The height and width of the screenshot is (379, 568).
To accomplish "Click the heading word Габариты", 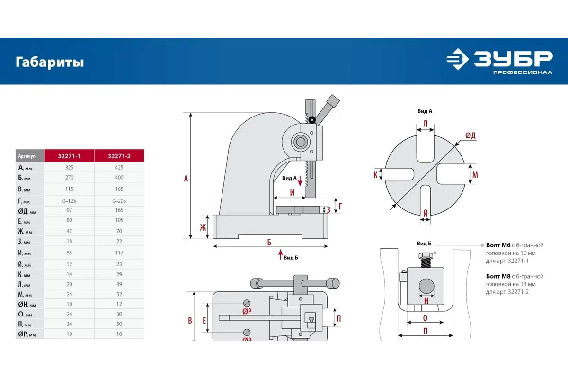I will [50, 62].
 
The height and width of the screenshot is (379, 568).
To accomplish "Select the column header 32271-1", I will [69, 156].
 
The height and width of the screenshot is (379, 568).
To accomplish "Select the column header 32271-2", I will [119, 156].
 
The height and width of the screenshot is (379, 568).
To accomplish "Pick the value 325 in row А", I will [69, 167].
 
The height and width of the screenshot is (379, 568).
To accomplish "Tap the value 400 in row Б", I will [119, 178].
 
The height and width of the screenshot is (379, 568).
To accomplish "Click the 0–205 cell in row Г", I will [119, 201].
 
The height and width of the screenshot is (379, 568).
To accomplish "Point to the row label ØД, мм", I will [27, 211].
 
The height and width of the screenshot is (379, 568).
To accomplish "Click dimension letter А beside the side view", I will [186, 178].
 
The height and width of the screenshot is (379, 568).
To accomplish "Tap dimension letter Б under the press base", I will [269, 243].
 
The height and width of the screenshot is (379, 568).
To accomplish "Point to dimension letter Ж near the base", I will [203, 227].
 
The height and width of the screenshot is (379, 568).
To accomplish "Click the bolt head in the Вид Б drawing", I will [425, 259].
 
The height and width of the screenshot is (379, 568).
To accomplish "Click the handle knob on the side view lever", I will [333, 101].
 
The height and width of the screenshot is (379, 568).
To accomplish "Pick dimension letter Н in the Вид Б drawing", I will [426, 300].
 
